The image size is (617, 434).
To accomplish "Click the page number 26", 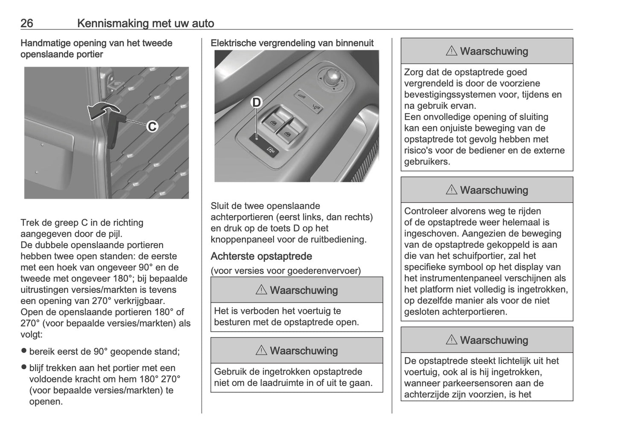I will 26,23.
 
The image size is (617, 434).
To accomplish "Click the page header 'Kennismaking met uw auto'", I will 146,23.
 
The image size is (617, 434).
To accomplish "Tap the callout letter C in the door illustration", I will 152,127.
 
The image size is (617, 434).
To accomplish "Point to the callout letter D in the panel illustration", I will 256,103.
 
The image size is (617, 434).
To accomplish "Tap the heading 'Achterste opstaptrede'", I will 261,256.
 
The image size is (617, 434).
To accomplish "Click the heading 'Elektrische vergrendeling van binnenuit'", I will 292,43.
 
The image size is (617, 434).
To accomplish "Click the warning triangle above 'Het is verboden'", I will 261,290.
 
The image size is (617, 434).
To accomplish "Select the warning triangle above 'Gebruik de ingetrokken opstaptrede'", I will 261,351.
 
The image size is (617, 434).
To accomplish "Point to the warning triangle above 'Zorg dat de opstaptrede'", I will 451,51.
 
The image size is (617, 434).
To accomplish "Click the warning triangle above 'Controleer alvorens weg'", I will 451,190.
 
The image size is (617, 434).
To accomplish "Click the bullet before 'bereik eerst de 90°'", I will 24,351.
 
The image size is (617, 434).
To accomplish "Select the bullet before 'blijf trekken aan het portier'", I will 24,367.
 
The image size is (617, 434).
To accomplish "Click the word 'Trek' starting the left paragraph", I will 29,223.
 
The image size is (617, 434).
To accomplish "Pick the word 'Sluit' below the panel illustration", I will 220,206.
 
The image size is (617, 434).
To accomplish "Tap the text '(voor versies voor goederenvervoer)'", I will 286,271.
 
